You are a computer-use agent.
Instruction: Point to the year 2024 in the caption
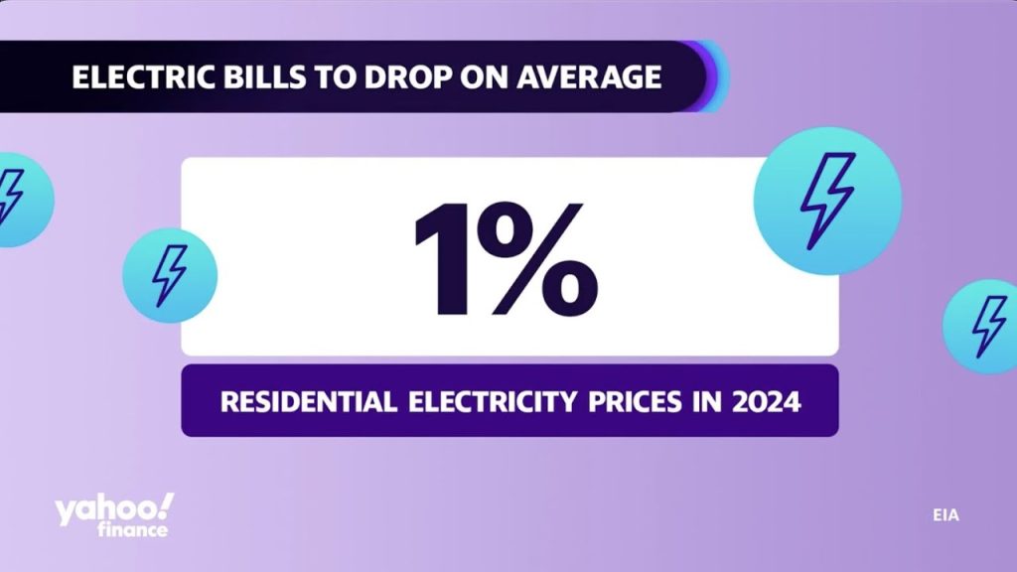coord(766,402)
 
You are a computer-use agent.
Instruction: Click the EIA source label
coord(945,515)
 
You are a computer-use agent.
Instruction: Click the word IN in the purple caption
coord(703,402)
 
